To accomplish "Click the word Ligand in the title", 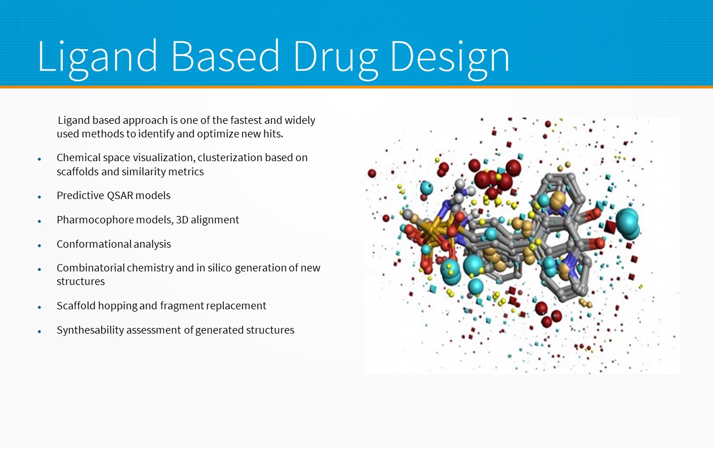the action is (98, 59).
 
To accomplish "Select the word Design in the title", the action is (450, 59).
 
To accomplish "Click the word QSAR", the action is (121, 195).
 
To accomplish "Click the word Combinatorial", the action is (91, 267).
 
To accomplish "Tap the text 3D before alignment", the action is (182, 220).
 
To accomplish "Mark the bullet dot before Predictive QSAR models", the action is (40, 197).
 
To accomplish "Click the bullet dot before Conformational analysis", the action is (40, 246).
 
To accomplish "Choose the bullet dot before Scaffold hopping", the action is (40, 308).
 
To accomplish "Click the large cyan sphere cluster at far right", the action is (628, 223).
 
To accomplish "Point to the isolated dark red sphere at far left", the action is (372, 173).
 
